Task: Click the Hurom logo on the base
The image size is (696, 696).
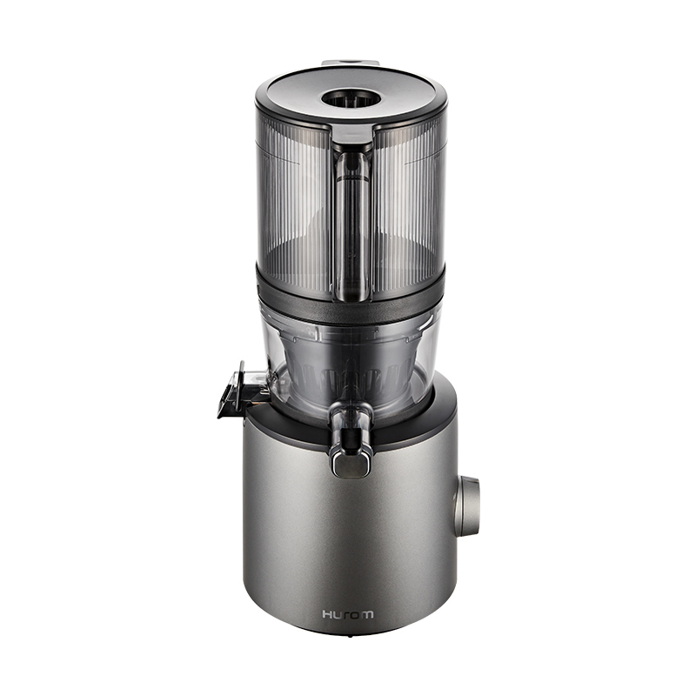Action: tap(348, 614)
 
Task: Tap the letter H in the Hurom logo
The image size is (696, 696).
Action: tap(328, 614)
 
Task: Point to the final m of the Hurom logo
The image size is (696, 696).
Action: tap(367, 615)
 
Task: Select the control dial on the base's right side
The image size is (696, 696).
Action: tap(466, 506)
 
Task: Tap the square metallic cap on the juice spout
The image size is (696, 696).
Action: tap(351, 465)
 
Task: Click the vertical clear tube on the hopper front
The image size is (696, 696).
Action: tap(352, 226)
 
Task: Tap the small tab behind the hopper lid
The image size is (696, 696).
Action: tap(351, 63)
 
